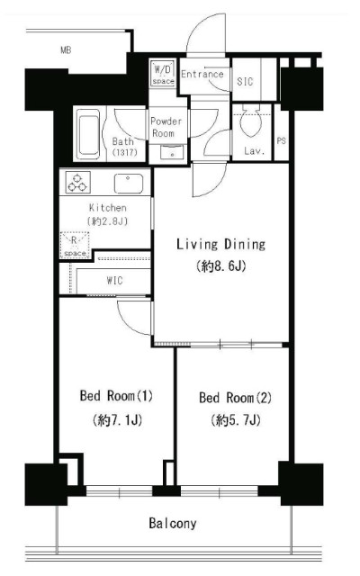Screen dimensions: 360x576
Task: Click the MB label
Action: tap(66, 50)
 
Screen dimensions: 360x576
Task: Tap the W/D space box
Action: tap(163, 74)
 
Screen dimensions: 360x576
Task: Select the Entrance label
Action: tap(202, 74)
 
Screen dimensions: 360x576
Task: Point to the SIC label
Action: tap(245, 81)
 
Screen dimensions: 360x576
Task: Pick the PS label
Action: tap(281, 140)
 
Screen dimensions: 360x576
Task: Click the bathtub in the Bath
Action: tap(89, 134)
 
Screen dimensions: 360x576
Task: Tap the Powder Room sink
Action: tap(172, 152)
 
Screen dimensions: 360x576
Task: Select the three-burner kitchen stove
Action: tap(78, 183)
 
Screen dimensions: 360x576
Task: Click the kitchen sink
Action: tap(128, 184)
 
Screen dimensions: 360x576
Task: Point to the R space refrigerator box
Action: tap(75, 245)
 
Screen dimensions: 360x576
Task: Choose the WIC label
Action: tap(114, 281)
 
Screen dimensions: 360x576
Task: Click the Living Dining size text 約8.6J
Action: tap(221, 265)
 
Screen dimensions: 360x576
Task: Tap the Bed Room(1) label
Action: tap(116, 396)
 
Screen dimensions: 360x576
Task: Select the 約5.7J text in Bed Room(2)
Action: tap(236, 420)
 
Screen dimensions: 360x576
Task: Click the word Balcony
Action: tap(173, 523)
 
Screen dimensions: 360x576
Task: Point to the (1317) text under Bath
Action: tap(124, 152)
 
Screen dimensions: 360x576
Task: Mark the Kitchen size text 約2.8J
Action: tap(108, 221)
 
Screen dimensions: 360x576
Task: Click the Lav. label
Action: tap(254, 150)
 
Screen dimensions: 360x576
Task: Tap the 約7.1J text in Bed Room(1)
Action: tap(118, 420)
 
